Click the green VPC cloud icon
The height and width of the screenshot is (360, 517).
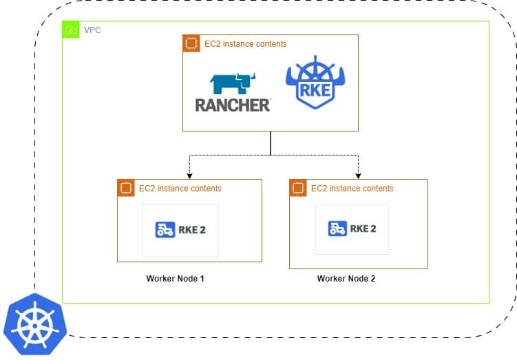tap(71, 30)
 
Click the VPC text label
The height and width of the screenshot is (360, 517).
tap(92, 30)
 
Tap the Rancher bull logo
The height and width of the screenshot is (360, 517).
tap(233, 82)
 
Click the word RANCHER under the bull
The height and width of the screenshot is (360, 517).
tap(233, 105)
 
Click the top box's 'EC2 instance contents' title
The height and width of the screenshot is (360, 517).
tap(246, 44)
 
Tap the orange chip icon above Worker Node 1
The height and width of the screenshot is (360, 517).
tap(125, 188)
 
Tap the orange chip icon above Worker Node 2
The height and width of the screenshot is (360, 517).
tap(298, 188)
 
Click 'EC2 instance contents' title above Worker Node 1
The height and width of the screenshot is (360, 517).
tap(180, 188)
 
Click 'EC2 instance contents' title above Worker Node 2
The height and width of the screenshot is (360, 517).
tap(352, 188)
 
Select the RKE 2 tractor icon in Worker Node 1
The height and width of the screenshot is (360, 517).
tap(165, 230)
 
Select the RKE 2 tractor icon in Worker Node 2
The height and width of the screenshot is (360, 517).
tap(337, 229)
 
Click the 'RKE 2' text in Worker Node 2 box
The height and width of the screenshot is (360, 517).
tap(363, 229)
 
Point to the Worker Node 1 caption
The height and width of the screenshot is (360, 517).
tap(175, 279)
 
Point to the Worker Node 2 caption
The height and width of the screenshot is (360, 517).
tap(346, 279)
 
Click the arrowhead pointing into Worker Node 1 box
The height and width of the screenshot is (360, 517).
tap(189, 176)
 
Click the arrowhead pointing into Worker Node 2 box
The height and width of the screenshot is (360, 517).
tap(358, 176)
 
